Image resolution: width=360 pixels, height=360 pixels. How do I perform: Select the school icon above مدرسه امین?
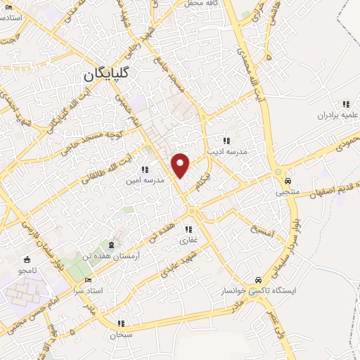point(144,169)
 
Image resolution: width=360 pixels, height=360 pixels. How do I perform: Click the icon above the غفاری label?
point(188,229)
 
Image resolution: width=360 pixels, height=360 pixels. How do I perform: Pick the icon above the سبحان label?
point(121,324)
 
